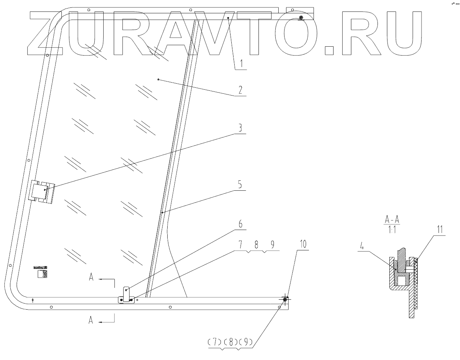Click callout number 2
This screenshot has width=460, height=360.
click(x=240, y=90)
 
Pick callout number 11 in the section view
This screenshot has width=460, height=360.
click(x=440, y=229)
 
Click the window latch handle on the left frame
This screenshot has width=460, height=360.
click(x=42, y=192)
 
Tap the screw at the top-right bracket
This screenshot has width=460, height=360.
click(x=301, y=18)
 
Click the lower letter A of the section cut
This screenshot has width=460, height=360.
click(x=91, y=321)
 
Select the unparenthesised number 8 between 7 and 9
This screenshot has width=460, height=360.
click(x=256, y=245)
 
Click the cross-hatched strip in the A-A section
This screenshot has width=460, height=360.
click(x=416, y=283)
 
